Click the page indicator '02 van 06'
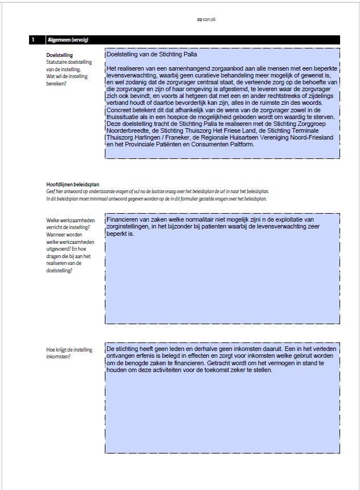point(206,19)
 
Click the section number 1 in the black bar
point(34,40)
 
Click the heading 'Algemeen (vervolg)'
point(67,40)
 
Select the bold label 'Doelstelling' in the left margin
point(59,55)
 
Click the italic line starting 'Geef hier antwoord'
point(157,191)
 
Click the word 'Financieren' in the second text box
point(122,219)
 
